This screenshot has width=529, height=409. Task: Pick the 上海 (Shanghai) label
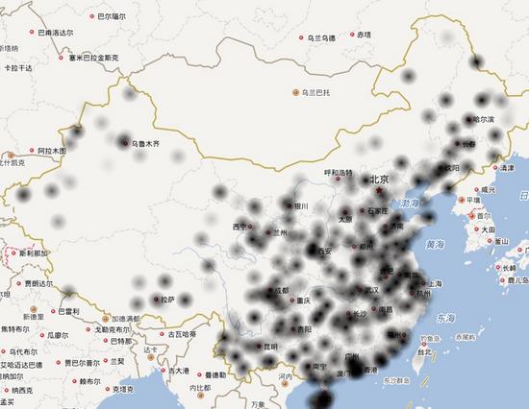(430, 284)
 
